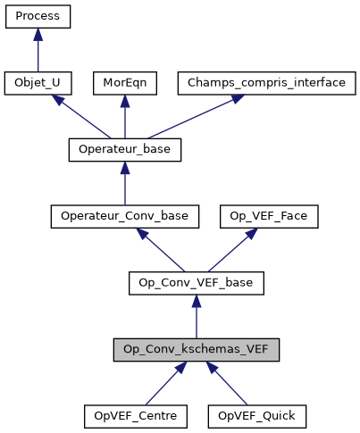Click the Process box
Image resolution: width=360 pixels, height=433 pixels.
click(37, 17)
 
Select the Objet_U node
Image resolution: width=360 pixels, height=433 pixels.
click(37, 84)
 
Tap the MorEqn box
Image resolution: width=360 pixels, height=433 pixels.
click(124, 84)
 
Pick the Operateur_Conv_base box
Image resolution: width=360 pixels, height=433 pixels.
click(124, 217)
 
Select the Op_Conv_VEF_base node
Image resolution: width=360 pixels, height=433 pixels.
click(197, 283)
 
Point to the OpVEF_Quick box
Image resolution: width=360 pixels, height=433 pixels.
click(257, 416)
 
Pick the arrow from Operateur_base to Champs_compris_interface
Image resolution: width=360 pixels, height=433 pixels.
click(179, 117)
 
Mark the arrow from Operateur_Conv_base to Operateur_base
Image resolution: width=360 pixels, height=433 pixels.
click(124, 185)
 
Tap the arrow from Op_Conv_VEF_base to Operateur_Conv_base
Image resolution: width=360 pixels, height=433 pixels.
click(161, 250)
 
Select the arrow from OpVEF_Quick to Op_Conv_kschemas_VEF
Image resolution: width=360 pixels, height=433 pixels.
click(227, 383)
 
